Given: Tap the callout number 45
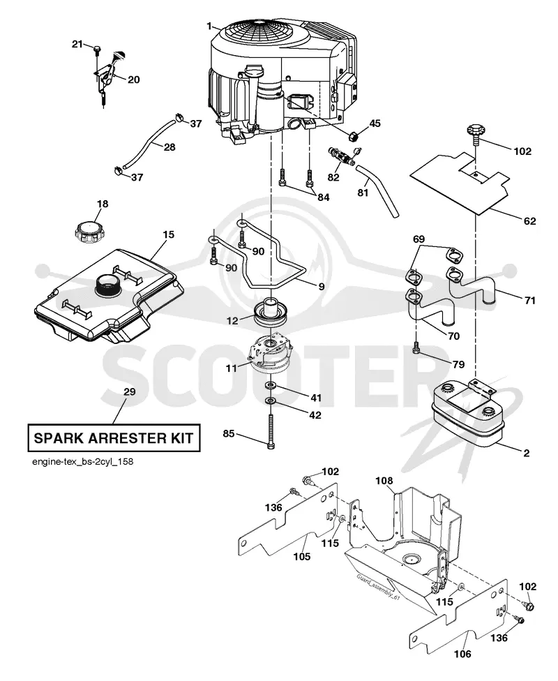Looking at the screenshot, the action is (375, 124).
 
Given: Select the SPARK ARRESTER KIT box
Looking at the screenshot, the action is (114, 437).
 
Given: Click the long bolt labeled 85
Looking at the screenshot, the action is (271, 431).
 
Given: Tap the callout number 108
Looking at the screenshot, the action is (384, 481).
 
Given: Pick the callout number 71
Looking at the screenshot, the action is (530, 300).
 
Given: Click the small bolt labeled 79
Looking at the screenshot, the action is (416, 348).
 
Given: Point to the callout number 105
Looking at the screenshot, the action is (302, 556).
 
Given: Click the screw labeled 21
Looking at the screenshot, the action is (97, 50).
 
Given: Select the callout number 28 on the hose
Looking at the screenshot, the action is (169, 147).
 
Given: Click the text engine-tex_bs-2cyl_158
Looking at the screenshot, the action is (82, 461).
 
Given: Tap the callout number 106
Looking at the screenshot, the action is (462, 654).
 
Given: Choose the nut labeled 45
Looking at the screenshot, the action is (354, 135).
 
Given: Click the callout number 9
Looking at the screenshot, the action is (322, 287).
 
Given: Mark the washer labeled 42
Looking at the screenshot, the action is (271, 400).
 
